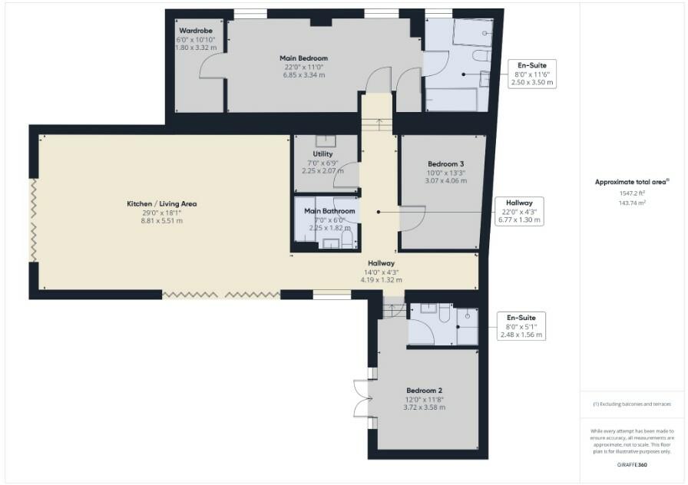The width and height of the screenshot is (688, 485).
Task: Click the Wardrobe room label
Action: tap(195, 31)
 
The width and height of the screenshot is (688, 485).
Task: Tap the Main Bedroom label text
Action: tap(303, 58)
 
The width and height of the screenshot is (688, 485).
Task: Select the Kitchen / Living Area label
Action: tap(162, 203)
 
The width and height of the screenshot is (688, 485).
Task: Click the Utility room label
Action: tap(322, 154)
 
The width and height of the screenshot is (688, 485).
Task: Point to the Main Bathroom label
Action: tap(329, 211)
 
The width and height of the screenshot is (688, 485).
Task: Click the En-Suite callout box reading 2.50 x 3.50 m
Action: tap(532, 74)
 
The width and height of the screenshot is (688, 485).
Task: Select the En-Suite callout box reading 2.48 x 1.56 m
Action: tap(521, 325)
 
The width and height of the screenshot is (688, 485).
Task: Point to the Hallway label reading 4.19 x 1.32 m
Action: tap(381, 263)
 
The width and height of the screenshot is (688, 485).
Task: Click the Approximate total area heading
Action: tap(631, 183)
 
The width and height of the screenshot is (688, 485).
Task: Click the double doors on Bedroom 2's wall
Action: tap(362, 398)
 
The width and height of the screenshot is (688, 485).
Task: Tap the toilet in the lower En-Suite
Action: tap(445, 312)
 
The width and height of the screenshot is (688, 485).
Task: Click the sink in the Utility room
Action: tap(326, 141)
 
